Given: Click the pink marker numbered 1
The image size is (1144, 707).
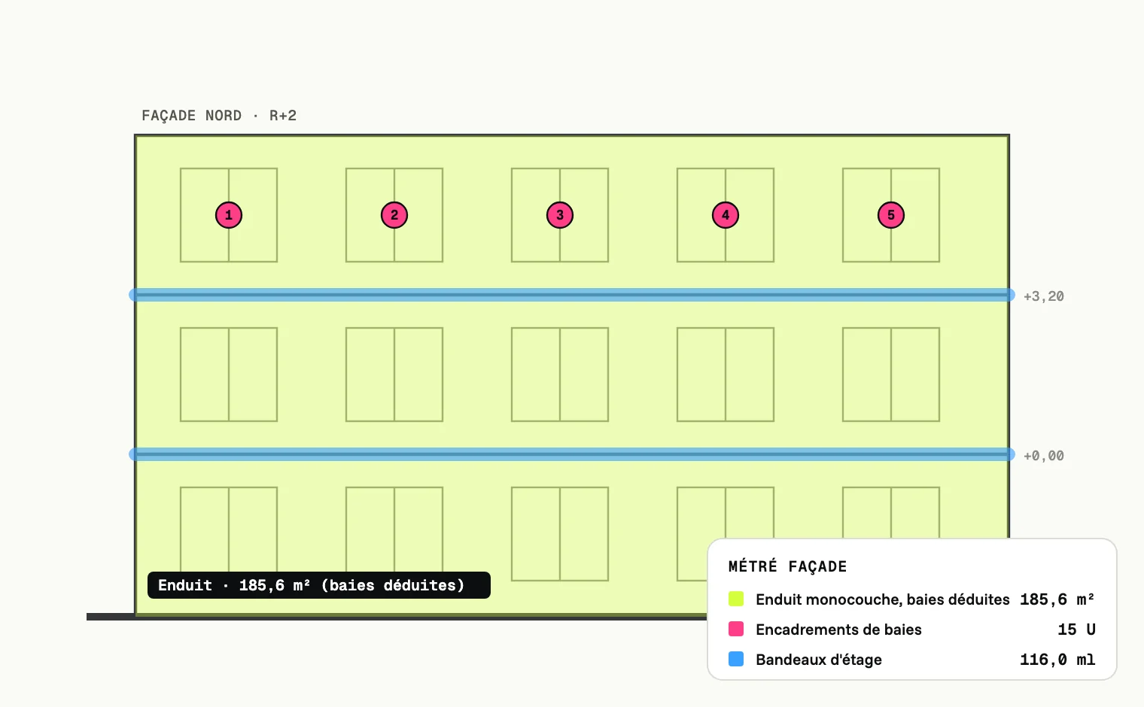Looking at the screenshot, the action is tap(229, 215).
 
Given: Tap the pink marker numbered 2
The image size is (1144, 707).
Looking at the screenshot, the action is tap(394, 215).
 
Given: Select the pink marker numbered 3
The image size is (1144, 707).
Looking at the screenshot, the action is tap(560, 215).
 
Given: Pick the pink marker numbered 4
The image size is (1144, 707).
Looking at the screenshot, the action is tap(726, 215).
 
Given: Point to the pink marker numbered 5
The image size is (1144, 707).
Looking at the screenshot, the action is tap(890, 215).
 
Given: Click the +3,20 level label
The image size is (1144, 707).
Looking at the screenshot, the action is tap(1043, 296).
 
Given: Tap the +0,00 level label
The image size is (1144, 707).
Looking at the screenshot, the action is tap(1043, 456).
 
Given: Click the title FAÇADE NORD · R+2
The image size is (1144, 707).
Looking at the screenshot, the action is tap(219, 116).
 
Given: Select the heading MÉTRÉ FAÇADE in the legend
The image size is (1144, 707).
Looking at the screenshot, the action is tap(787, 566).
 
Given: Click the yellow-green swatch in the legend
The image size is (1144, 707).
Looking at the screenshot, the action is tap(736, 599).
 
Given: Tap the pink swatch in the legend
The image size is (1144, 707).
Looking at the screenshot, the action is tap(736, 629).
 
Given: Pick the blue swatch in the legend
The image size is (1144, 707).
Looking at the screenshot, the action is tap(736, 659).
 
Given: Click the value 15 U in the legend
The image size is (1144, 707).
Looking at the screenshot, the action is tap(1076, 630).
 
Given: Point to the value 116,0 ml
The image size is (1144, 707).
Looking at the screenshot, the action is tap(1057, 660).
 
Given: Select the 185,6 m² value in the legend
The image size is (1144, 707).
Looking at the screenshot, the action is tap(1057, 599).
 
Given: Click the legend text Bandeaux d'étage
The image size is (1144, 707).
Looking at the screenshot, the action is tap(819, 660).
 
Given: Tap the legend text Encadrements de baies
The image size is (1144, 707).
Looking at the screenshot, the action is tap(838, 630).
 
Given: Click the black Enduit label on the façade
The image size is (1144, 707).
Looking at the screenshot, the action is tap(319, 585).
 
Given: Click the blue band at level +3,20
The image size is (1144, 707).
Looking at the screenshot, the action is tap(572, 295).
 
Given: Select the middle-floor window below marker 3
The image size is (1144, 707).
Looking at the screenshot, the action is tap(560, 375).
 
